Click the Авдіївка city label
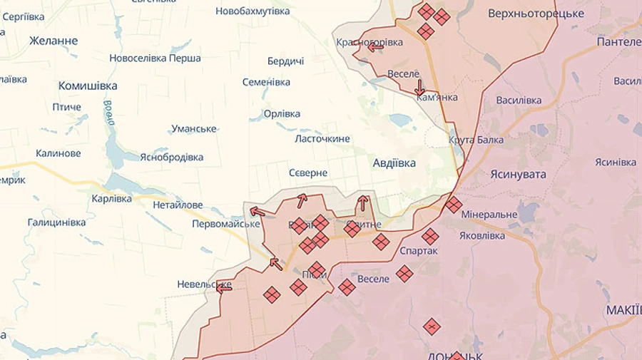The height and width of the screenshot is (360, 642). point(394,163)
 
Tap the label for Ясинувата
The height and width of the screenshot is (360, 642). point(518,174)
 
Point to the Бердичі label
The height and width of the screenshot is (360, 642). point(285,61)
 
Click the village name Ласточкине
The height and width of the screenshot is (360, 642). point(322,138)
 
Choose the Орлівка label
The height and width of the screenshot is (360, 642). point(282,113)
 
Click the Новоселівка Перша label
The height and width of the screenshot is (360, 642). point(155,58)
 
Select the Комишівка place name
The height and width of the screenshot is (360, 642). point(88,86)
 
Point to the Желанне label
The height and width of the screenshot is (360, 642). point(53,41)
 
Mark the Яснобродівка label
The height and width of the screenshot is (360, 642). point(171,157)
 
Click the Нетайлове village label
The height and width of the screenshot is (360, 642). point(178,205)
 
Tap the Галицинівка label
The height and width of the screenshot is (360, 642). point(56,222)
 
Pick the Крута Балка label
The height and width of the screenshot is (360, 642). point(476,140)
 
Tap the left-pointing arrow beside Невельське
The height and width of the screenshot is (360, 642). point(224,288)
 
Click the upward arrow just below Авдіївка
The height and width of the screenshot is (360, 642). point(363,202)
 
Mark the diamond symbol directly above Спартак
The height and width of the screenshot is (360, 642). point(429,237)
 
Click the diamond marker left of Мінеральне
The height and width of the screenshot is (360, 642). point(454,205)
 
